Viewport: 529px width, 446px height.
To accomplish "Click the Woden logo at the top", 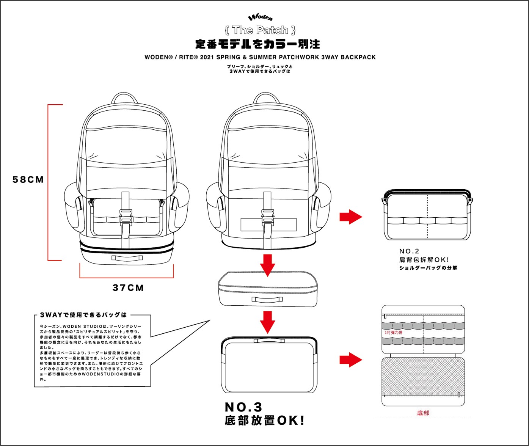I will pyautogui.click(x=260, y=17).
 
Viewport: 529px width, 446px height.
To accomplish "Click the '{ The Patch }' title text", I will pyautogui.click(x=260, y=30).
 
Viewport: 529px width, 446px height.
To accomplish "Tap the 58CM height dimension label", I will pyautogui.click(x=28, y=180).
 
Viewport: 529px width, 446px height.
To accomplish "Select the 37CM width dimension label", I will pyautogui.click(x=128, y=288).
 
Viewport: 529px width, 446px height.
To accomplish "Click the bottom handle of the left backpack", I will pyautogui.click(x=127, y=258).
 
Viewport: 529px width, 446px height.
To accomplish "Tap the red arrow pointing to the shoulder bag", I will pyautogui.click(x=350, y=217).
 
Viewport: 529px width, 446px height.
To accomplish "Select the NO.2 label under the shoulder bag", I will pyautogui.click(x=409, y=251).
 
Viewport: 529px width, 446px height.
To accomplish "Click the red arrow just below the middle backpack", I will pyautogui.click(x=268, y=265).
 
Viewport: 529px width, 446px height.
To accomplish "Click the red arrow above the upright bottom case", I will pyautogui.click(x=268, y=322).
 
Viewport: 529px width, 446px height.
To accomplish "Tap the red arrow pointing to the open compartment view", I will pyautogui.click(x=350, y=360).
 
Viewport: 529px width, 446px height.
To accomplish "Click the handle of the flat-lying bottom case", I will pyautogui.click(x=267, y=299).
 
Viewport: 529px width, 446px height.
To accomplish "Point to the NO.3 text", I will pyautogui.click(x=243, y=407).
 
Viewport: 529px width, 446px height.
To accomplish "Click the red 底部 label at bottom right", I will pyautogui.click(x=423, y=413).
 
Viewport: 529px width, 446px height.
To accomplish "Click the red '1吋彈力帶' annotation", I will pyautogui.click(x=393, y=333).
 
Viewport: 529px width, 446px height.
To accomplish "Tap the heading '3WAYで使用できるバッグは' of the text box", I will pyautogui.click(x=83, y=315).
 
